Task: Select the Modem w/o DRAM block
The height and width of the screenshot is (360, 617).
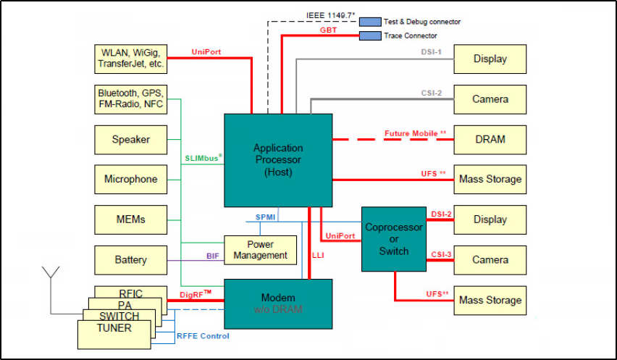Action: [277, 303]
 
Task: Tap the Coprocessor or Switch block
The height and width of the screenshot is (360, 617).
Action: [393, 239]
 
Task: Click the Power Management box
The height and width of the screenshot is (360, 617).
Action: [260, 249]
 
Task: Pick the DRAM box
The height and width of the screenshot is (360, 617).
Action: [490, 139]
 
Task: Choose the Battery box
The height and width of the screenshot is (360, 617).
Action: [130, 259]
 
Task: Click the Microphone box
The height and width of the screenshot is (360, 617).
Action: [130, 179]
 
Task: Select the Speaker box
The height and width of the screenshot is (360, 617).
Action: [130, 139]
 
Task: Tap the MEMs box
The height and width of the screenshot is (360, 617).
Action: [130, 219]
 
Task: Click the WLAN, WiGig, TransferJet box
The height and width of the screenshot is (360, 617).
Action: [130, 59]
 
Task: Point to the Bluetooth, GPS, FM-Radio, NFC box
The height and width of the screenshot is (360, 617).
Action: [130, 99]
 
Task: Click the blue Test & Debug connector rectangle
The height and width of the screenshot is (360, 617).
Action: [370, 22]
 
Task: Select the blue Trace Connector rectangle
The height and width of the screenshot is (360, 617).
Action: [370, 35]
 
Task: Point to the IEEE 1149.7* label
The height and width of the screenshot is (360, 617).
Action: [330, 15]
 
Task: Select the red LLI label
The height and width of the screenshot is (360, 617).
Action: [318, 255]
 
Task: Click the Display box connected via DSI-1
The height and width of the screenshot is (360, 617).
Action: [490, 59]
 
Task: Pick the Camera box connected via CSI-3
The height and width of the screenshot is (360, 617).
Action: [490, 259]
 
